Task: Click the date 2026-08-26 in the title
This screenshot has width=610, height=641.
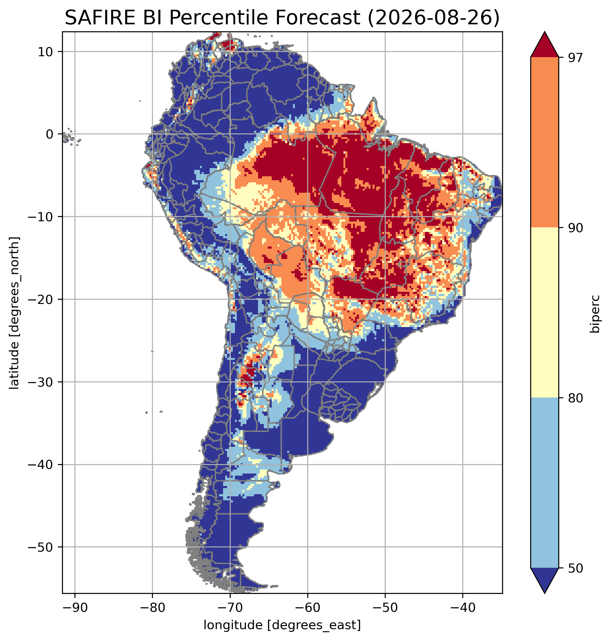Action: [x=433, y=18]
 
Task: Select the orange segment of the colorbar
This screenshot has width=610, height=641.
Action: [x=544, y=142]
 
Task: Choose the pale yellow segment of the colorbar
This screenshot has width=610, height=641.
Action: [x=544, y=312]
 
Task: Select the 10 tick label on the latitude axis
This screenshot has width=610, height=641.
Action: [x=46, y=51]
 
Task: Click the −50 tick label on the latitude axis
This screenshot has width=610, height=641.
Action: [x=41, y=547]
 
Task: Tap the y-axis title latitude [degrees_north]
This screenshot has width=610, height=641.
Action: [x=14, y=312]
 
